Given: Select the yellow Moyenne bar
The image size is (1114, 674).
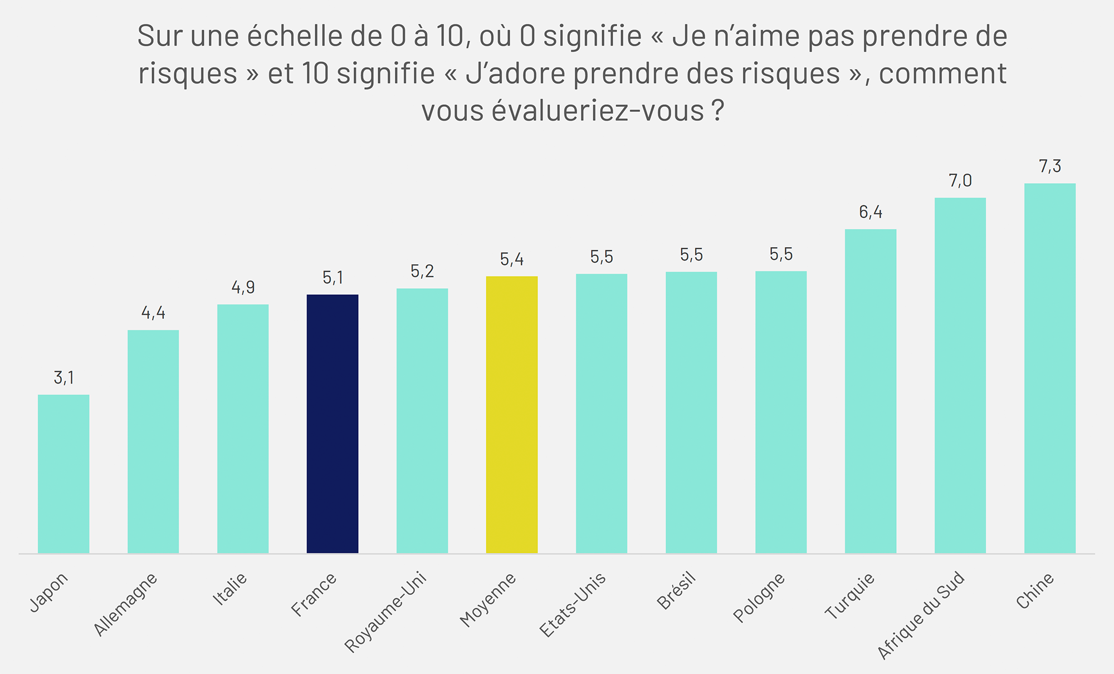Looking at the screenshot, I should click(512, 415).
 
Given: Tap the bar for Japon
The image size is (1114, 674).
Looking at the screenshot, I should click(63, 474).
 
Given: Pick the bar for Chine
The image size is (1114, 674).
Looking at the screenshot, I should click(1050, 368).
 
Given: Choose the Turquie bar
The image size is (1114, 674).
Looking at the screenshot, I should click(871, 391).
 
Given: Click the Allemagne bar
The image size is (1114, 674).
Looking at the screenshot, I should click(153, 441).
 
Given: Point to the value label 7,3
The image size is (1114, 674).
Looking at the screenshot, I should click(1050, 166).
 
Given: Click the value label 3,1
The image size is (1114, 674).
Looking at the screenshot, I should click(63, 378).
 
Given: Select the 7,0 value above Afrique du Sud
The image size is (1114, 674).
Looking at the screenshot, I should click(960, 181).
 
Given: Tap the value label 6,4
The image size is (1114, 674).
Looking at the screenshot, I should click(871, 212).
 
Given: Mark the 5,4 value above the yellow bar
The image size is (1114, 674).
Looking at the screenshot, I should click(512, 259).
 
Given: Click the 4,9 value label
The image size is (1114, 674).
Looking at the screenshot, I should click(243, 287).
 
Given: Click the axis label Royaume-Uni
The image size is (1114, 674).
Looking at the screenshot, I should click(386, 612).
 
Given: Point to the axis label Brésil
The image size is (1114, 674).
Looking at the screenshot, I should click(677, 591).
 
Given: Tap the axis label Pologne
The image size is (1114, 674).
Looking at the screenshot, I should click(759, 597).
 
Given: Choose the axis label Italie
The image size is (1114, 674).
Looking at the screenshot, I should click(230, 589).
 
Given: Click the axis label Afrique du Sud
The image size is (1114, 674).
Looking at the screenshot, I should click(921, 615).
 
